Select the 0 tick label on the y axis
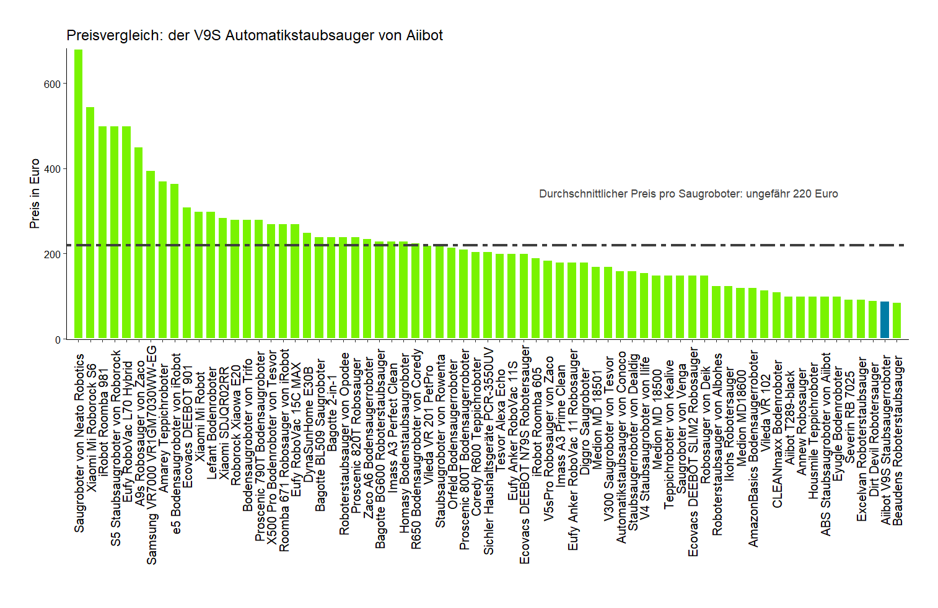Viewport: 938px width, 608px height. pos(58,340)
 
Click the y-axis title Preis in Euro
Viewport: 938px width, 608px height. pos(35,194)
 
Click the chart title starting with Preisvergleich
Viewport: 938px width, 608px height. pos(255,35)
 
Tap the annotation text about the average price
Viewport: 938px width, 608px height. pos(688,194)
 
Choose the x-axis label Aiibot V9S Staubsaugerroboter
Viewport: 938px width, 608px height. pos(886,440)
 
